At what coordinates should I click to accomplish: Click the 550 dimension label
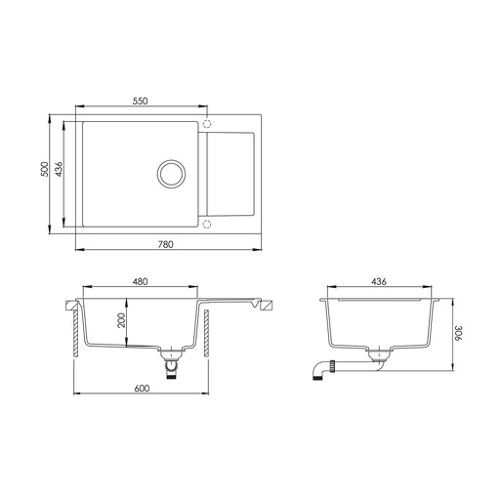(x=140, y=101)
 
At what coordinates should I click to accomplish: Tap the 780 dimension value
(x=166, y=244)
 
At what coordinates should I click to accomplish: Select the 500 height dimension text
(x=44, y=169)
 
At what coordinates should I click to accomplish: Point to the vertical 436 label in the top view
(x=59, y=169)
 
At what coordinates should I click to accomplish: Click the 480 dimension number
(x=140, y=281)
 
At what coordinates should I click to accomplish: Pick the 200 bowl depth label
(x=121, y=320)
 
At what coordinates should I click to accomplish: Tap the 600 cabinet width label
(x=142, y=389)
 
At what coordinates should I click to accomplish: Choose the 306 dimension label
(x=458, y=333)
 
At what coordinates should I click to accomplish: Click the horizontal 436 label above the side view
(x=379, y=281)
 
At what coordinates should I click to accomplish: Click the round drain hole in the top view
(x=172, y=174)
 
